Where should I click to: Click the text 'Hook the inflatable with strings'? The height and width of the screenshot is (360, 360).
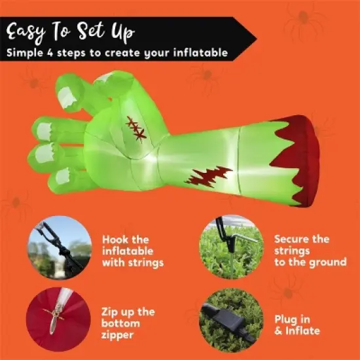click(x=134, y=251)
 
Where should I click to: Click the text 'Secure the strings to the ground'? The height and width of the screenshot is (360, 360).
click(x=310, y=251)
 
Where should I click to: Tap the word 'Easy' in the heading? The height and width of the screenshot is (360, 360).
click(x=33, y=30)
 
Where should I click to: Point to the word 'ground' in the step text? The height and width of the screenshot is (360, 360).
click(x=327, y=262)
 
